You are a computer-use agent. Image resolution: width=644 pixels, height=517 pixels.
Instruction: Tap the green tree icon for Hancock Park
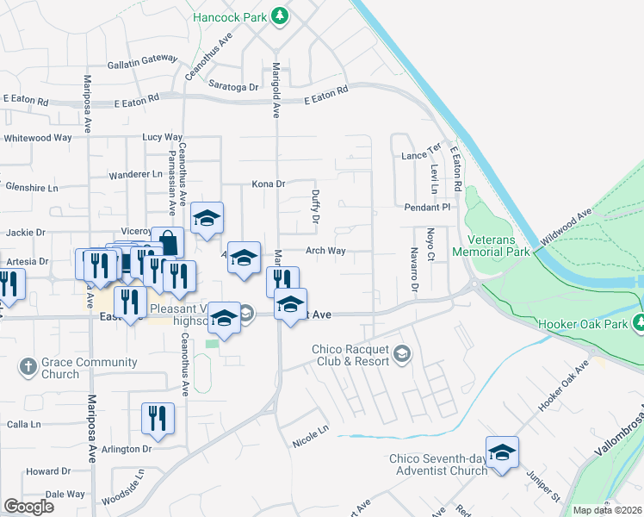[279, 16]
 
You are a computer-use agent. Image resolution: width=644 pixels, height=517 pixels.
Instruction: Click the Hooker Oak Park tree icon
[639, 322]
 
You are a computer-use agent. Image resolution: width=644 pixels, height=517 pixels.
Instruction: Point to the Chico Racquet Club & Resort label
[353, 353]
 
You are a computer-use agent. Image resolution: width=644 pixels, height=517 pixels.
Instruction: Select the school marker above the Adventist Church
[503, 452]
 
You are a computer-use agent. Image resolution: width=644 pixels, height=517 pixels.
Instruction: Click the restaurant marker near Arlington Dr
[158, 418]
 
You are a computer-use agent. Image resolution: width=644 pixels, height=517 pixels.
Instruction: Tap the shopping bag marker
[168, 242]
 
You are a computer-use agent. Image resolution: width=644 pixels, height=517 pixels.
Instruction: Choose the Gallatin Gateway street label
[141, 63]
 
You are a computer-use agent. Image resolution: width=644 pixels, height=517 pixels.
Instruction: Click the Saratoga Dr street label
[233, 87]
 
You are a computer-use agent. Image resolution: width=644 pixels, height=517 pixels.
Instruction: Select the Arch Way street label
[326, 251]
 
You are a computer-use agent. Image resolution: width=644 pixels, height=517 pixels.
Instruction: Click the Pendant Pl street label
[428, 208]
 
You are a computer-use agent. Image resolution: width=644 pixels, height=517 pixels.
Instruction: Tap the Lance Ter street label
[421, 156]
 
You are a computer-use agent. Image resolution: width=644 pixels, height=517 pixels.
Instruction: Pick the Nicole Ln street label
[311, 429]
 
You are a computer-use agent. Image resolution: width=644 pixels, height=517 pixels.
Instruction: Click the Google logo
[29, 507]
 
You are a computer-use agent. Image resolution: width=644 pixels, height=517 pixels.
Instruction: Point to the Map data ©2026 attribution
[607, 510]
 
